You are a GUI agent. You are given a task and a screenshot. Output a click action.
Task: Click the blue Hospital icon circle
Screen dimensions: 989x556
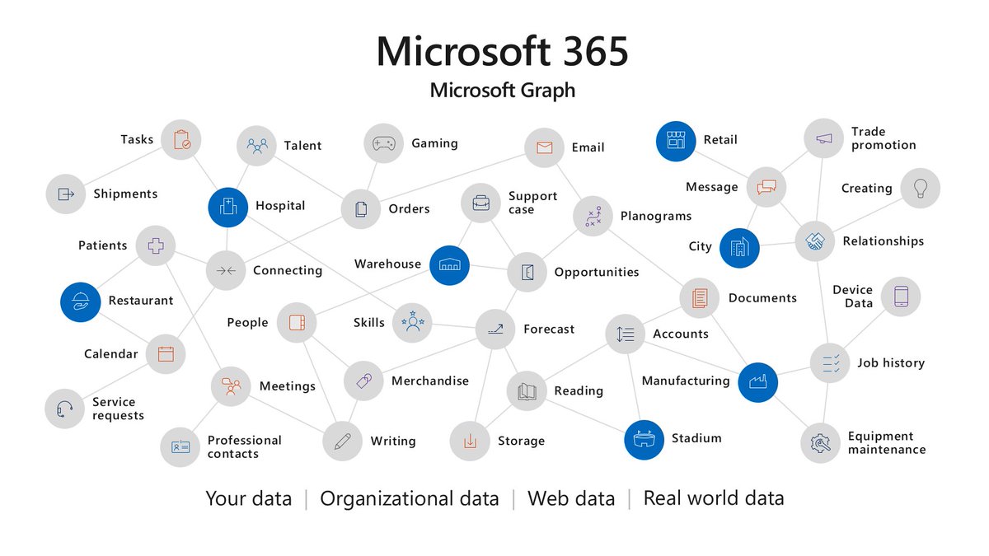pyautogui.click(x=228, y=207)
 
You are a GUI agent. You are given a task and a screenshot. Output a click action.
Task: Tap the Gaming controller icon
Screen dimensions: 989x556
pyautogui.click(x=383, y=143)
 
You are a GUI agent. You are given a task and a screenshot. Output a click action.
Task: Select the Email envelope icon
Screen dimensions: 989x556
pyautogui.click(x=544, y=147)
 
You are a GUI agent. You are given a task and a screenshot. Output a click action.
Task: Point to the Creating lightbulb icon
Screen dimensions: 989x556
pyautogui.click(x=920, y=189)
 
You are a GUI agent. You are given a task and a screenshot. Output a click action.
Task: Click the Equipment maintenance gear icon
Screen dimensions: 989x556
pyautogui.click(x=820, y=443)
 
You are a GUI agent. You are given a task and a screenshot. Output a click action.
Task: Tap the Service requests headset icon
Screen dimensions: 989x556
pyautogui.click(x=65, y=409)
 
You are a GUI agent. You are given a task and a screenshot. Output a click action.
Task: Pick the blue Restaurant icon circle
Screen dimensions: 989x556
pyautogui.click(x=81, y=301)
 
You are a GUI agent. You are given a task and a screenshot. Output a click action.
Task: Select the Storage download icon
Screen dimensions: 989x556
pyautogui.click(x=470, y=442)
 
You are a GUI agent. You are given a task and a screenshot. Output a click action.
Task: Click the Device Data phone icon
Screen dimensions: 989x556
pyautogui.click(x=901, y=297)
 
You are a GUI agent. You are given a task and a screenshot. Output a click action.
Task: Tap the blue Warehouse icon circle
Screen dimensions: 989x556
pyautogui.click(x=449, y=265)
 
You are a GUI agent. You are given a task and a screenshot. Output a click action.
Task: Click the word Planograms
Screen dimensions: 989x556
pyautogui.click(x=656, y=217)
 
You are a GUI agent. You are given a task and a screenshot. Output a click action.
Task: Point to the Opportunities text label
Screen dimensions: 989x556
pyautogui.click(x=596, y=273)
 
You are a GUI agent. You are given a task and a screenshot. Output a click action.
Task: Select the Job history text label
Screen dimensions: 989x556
pyautogui.click(x=890, y=363)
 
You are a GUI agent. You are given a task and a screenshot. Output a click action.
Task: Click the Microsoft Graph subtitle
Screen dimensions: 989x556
pyautogui.click(x=502, y=90)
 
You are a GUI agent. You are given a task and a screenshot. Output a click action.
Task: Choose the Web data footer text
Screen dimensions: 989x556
pyautogui.click(x=570, y=498)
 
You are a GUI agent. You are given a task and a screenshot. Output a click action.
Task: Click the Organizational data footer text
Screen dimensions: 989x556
pyautogui.click(x=409, y=498)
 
